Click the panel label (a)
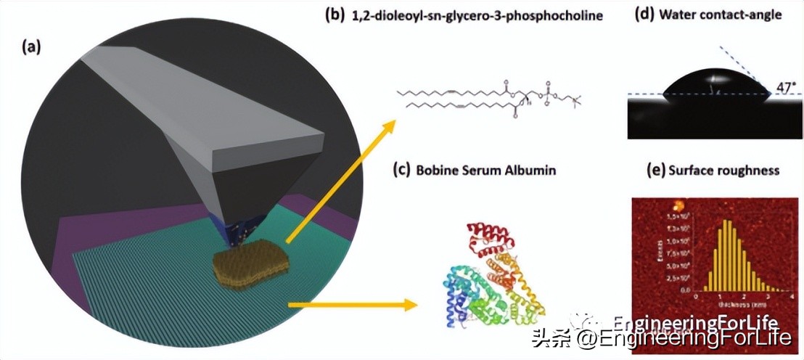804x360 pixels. [x=31, y=48]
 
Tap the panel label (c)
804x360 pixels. [x=400, y=171]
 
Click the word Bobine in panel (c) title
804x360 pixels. [x=437, y=171]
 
